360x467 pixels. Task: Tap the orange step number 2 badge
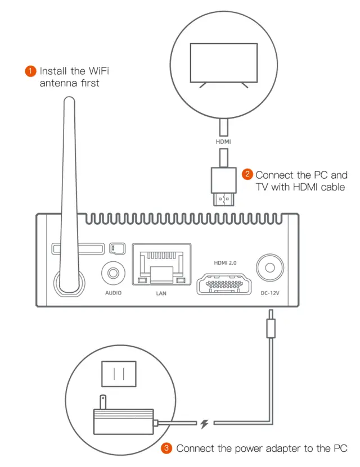point(247,174)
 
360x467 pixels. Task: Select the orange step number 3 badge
point(167,448)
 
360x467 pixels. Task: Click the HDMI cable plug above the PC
point(223,185)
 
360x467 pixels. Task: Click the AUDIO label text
point(112,293)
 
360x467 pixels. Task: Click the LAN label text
point(161,293)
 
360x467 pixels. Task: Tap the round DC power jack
point(270,267)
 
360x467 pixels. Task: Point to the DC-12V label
point(270,293)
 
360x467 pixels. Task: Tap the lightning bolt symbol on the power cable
point(205,423)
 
